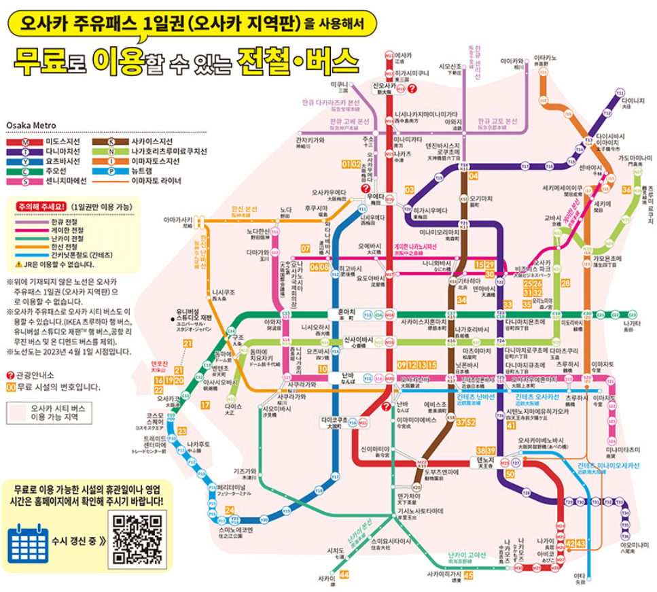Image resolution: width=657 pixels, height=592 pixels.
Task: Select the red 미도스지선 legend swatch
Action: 25,141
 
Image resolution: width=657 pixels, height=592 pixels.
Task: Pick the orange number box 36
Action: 626,190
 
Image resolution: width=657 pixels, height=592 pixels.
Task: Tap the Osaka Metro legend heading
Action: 31,125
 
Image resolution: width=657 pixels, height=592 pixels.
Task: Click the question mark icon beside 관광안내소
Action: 10,375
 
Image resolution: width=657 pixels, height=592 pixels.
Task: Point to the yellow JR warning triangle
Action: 18,264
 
